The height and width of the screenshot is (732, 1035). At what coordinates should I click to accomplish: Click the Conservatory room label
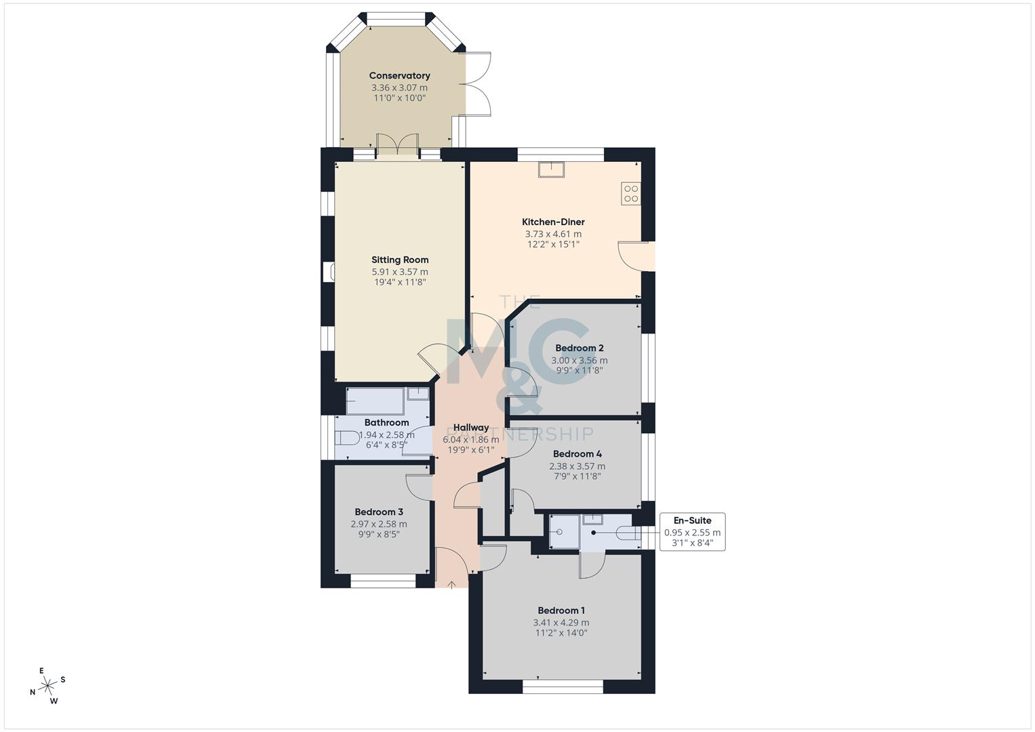tap(399, 76)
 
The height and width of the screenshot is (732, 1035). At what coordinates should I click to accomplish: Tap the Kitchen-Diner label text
tap(553, 222)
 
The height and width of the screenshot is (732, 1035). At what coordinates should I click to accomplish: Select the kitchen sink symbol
tap(550, 169)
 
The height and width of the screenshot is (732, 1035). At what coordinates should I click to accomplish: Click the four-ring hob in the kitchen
tap(630, 193)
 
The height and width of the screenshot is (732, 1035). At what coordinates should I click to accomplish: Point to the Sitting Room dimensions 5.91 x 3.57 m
tap(399, 272)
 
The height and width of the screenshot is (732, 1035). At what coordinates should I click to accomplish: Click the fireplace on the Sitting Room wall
tap(330, 272)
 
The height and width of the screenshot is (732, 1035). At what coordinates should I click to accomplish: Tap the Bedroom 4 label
tap(577, 454)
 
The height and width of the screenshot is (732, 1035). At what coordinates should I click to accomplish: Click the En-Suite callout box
tap(692, 531)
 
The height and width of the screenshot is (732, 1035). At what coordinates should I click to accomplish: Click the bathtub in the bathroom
tap(376, 401)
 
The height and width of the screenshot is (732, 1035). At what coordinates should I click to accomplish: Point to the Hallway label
tap(470, 428)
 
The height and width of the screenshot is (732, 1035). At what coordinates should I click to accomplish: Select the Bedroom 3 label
tap(379, 512)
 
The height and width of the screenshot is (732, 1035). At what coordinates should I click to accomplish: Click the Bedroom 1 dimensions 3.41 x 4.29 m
tap(561, 622)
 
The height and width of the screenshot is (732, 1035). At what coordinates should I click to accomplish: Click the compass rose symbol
tap(47, 686)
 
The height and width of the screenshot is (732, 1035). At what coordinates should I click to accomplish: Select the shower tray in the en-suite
tap(564, 531)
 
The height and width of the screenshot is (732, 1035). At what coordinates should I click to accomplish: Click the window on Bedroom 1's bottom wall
tap(563, 687)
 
